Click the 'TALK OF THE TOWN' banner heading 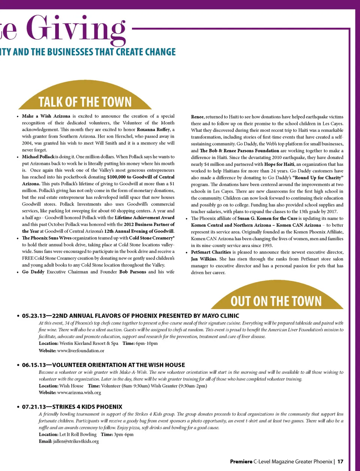85,102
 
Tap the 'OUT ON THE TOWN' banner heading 276,301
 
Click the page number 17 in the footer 340,462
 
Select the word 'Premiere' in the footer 241,462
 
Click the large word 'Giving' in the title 76,29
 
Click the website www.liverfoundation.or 81,351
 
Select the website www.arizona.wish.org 79,393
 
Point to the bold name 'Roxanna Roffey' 153,129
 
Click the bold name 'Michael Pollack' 38,156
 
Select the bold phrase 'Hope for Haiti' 279,164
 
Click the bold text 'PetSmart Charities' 211,252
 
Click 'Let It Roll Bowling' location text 78,435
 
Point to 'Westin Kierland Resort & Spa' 89,343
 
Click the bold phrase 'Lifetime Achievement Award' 144,217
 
